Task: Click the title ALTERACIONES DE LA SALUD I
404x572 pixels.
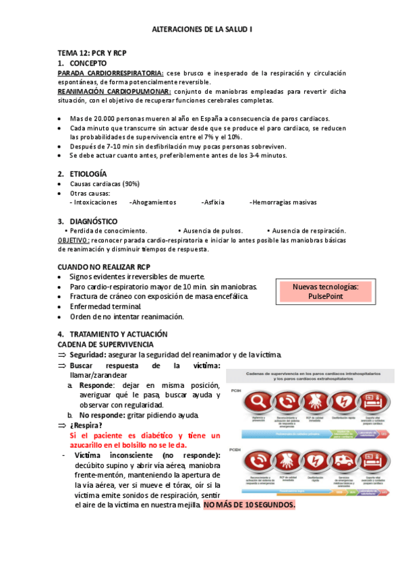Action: [x=202, y=30]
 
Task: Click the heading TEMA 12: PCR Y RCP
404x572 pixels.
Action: [x=92, y=53]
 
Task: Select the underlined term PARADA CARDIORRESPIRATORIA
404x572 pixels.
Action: [x=110, y=73]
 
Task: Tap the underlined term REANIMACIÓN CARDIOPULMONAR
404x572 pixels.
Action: [x=114, y=91]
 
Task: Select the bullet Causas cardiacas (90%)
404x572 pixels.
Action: [x=105, y=183]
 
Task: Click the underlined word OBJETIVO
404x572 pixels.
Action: [x=73, y=240]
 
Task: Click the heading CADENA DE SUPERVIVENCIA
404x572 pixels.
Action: [x=105, y=344]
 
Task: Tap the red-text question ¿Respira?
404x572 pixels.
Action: [x=86, y=426]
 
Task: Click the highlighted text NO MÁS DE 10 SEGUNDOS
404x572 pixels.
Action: [x=250, y=505]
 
